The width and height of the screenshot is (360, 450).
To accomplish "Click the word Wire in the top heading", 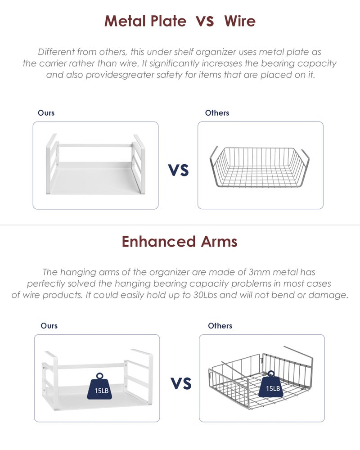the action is point(240,21).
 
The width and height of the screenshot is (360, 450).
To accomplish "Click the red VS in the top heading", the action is point(205,21).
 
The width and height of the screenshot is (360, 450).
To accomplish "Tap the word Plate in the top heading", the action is point(168,21).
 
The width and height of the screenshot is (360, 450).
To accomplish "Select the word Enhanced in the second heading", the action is point(159,241).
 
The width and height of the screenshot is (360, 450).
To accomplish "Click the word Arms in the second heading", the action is point(219,241).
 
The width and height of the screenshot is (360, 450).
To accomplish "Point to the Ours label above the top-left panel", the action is point(46,113).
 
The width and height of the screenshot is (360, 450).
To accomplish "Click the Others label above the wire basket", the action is point(217,113).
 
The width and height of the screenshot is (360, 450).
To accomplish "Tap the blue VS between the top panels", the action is point(178,170).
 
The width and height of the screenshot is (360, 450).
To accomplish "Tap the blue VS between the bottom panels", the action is point(181,383).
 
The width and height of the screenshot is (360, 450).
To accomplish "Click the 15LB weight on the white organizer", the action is point(99,387).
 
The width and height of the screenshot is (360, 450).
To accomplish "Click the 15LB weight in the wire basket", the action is point(271,384).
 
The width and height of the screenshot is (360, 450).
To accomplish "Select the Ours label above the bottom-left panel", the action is point(49,326).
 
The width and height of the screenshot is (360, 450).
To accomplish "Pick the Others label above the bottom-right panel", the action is point(220,326).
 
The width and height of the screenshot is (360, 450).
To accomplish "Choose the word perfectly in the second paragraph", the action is point(46,284).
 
